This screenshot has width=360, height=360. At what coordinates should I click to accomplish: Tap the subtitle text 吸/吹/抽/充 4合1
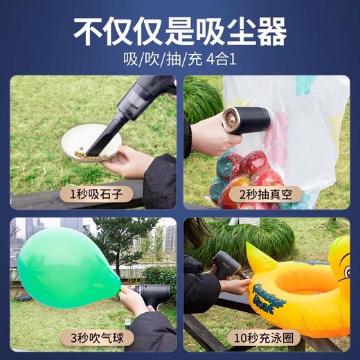180,60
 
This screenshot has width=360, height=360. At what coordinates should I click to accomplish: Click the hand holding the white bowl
128,163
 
